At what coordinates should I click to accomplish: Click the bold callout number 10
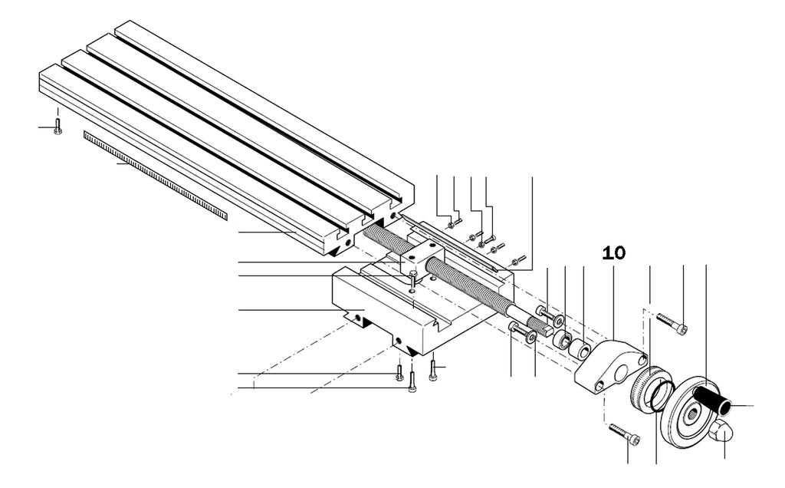click(x=614, y=252)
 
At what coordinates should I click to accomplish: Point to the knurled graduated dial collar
click(x=642, y=385)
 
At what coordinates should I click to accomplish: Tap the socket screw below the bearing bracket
click(x=624, y=434)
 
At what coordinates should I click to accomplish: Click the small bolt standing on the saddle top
click(x=413, y=277)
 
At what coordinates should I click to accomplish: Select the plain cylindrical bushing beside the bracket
click(x=580, y=350)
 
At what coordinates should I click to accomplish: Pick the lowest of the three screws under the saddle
click(x=412, y=382)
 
